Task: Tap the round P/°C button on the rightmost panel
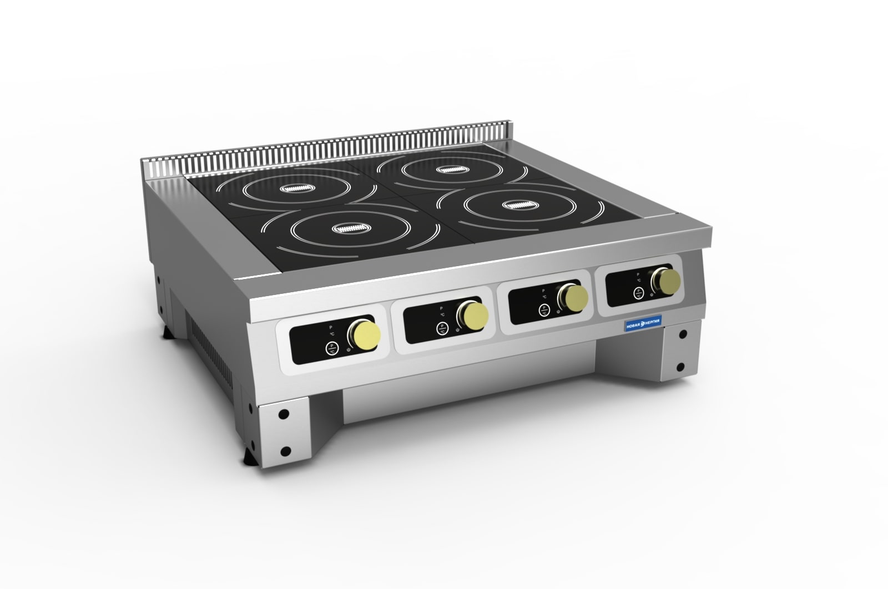[639, 294]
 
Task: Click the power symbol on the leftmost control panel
[348, 349]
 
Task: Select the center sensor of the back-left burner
[298, 189]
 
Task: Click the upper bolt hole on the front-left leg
[283, 414]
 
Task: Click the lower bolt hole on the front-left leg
[285, 450]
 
